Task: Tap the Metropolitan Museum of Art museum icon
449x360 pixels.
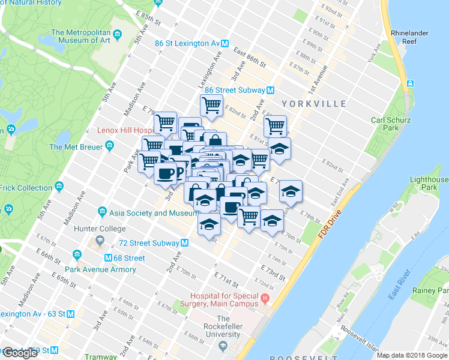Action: (x=117, y=33)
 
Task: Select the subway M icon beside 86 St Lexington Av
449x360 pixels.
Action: (x=224, y=43)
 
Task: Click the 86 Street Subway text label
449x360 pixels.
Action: (x=234, y=90)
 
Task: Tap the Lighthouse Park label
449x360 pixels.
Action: (x=429, y=184)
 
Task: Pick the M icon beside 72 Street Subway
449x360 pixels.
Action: (x=185, y=243)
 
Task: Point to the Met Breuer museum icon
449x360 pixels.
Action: (x=109, y=146)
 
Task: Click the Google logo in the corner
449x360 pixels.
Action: (x=20, y=353)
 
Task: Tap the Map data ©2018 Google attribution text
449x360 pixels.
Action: (x=412, y=355)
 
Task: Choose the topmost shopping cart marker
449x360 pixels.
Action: (x=211, y=106)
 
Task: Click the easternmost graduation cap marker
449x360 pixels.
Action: (x=291, y=191)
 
